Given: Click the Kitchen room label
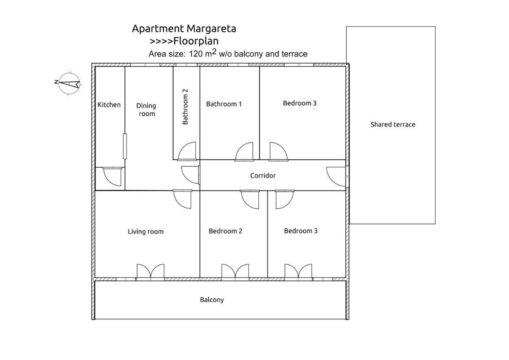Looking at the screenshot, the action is tap(109, 104).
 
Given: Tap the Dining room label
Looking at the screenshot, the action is tap(146, 110).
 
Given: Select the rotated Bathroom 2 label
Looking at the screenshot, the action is tap(185, 107).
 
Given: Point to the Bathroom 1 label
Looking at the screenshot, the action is tap(224, 104).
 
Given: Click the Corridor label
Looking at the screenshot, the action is tap(263, 176).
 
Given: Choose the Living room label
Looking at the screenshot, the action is tap(145, 231).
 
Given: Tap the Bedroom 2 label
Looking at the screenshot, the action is tap(225, 231).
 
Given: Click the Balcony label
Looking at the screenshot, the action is tap(212, 300).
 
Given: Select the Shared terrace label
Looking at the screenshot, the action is tap(393, 124).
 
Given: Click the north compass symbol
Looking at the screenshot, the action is tap(69, 84).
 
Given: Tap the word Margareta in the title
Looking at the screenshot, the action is tap(211, 28).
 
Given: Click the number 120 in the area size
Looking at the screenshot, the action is tap(196, 54).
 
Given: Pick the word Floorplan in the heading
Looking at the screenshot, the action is tap(196, 41).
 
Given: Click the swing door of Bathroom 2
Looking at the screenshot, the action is tap(187, 151).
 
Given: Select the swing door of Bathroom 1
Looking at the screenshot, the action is tap(244, 152).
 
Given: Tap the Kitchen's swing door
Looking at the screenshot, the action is tap(112, 177).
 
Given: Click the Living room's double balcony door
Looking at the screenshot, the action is tap(151, 272).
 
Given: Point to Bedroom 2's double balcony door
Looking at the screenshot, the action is tap(235, 272).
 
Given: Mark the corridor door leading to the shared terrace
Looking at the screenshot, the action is tap(336, 177).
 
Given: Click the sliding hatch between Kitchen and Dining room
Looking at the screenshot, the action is tap(125, 146).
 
